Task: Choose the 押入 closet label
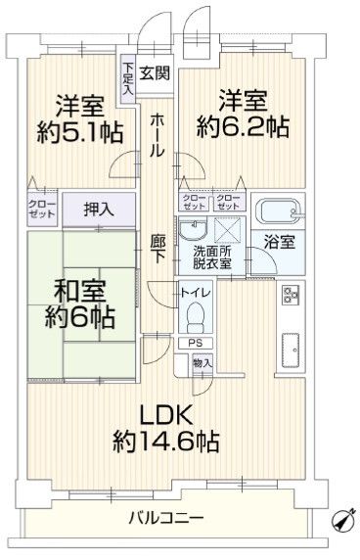pyautogui.click(x=96, y=208)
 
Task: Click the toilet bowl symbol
pyautogui.click(x=196, y=317)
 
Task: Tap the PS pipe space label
pyautogui.click(x=194, y=344)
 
